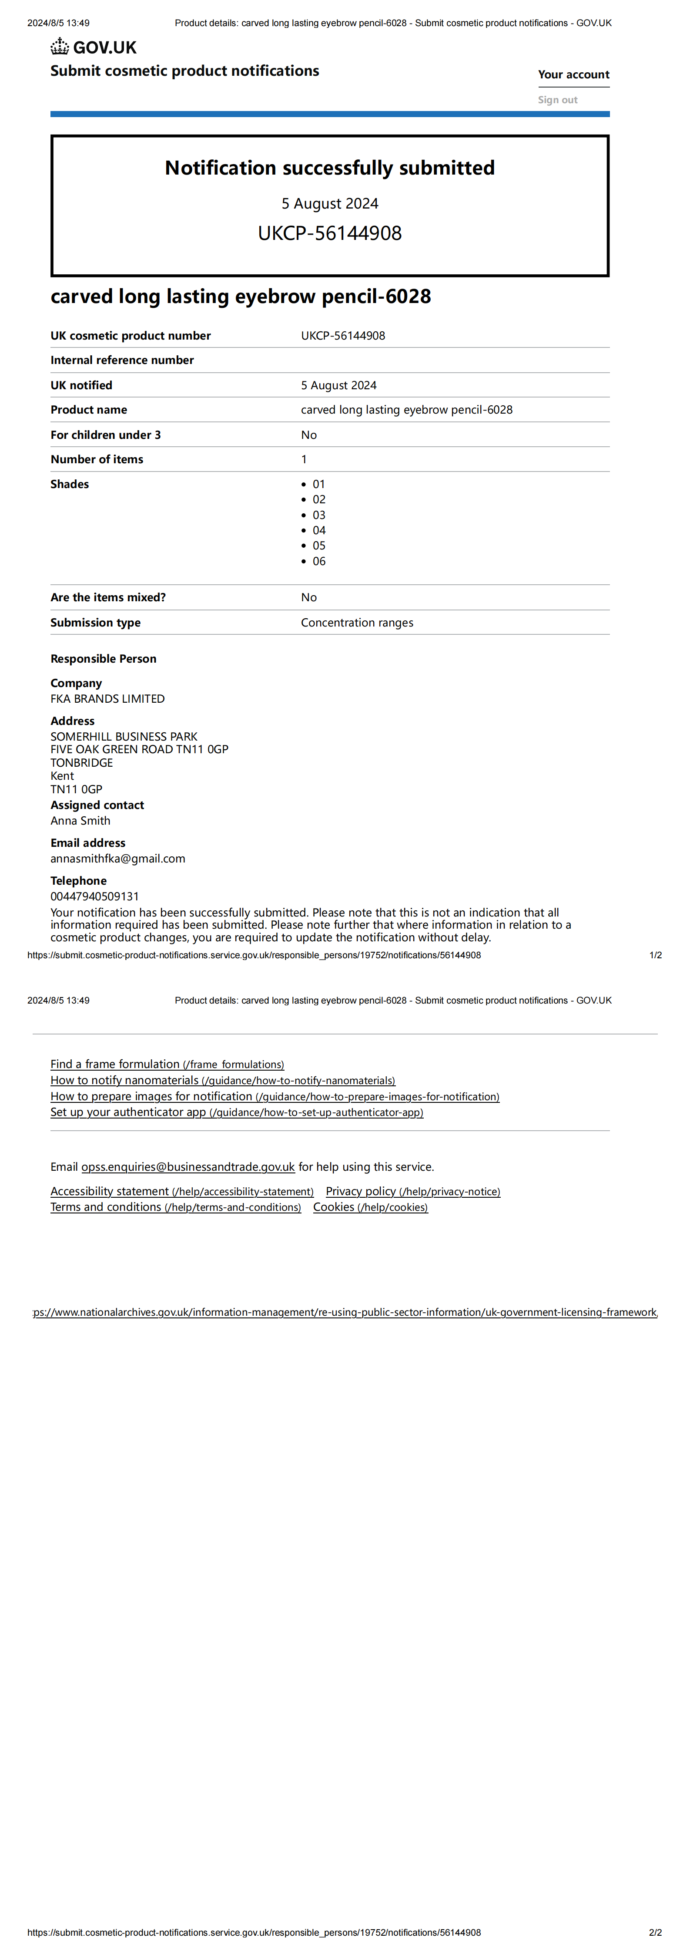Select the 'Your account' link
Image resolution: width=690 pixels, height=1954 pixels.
(x=573, y=74)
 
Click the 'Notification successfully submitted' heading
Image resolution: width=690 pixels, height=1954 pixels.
(x=330, y=168)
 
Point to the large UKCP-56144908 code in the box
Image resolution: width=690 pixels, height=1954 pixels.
(x=330, y=233)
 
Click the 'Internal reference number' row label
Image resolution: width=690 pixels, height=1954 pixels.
(x=122, y=360)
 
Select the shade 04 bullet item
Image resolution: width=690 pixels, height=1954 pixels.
(x=318, y=530)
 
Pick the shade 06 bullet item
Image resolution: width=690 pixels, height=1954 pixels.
(x=318, y=561)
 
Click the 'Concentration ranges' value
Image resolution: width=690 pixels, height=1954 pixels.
(x=357, y=623)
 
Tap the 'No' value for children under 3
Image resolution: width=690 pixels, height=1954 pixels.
(x=308, y=435)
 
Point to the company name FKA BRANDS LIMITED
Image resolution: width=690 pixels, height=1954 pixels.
(x=107, y=699)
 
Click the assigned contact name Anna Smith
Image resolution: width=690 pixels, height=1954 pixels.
(x=80, y=821)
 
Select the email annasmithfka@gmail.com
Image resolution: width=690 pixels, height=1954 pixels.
(x=117, y=859)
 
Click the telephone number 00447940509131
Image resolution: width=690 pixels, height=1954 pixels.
(x=95, y=896)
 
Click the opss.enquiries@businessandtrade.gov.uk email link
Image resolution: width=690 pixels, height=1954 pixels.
(x=188, y=1167)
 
